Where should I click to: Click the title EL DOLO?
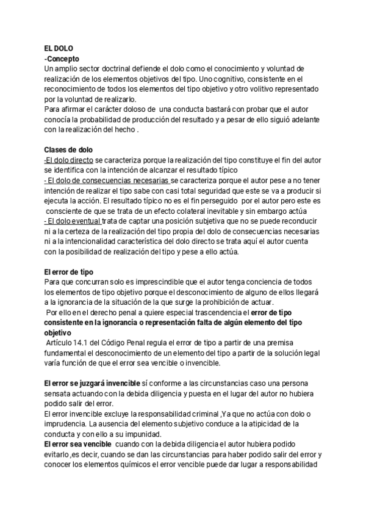tap(59, 48)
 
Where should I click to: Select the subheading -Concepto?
tap(62, 58)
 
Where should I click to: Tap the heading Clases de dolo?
tap(68, 150)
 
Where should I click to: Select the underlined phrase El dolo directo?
tap(69, 160)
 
